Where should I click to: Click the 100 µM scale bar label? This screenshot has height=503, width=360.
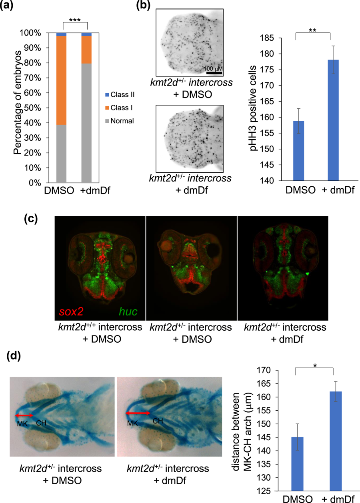coord(214,68)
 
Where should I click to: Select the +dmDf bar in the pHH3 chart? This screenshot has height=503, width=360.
coord(330,120)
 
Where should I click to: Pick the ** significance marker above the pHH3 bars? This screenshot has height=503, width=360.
coord(313,31)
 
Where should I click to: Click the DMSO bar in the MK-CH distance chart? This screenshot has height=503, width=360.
coord(300,464)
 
